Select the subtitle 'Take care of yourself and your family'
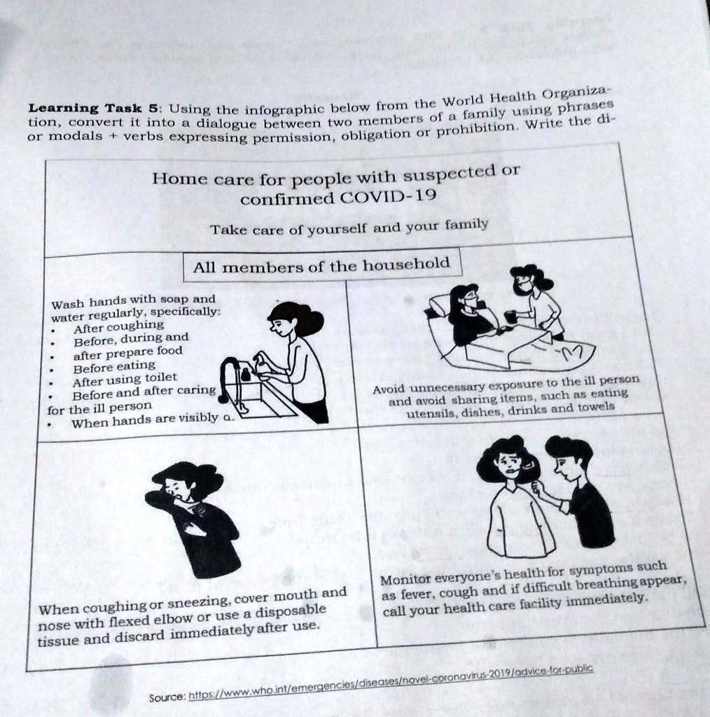pos(349,227)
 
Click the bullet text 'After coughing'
pos(118,326)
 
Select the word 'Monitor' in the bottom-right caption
pos(405,580)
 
